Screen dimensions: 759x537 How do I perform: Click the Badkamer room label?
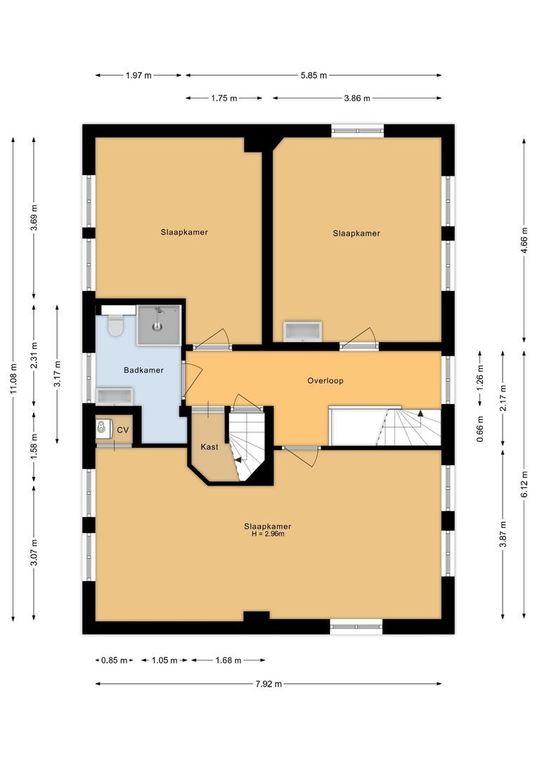point(143,370)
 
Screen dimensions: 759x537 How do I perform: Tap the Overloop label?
point(325,381)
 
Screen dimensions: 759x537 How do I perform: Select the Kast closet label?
point(209,447)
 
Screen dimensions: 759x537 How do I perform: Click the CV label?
point(123,430)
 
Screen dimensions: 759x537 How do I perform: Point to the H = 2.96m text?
point(268,534)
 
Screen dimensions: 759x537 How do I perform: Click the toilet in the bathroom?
point(115,326)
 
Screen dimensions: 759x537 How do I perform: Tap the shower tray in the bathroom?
point(159,325)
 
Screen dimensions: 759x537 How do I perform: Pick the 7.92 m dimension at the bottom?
point(268,683)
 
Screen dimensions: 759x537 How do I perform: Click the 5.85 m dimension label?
point(313,76)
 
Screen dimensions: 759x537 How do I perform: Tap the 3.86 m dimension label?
point(357,98)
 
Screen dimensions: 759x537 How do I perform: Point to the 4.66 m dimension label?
point(524,240)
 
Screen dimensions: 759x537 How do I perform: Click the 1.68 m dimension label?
point(228,661)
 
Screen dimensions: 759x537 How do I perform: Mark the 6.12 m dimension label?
point(524,484)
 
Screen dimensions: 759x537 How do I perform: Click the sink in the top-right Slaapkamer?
point(302,331)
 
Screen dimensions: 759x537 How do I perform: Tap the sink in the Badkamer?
point(114,396)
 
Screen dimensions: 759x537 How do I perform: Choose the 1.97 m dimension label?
point(138,76)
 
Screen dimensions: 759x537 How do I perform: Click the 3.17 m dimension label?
point(58,374)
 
